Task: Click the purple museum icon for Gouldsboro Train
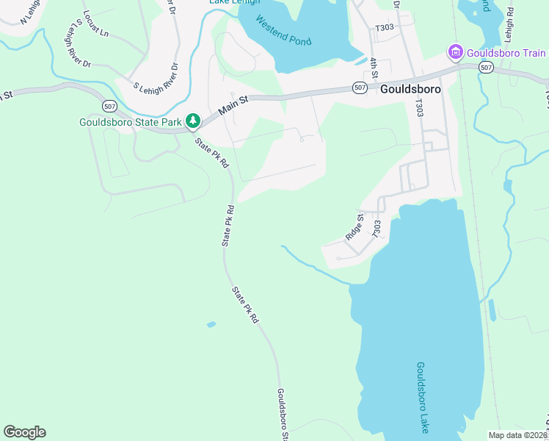click(x=455, y=52)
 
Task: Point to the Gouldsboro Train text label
click(x=506, y=53)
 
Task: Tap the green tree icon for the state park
click(x=192, y=120)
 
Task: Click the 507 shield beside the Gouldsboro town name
click(x=359, y=87)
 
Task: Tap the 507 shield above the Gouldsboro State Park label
click(x=109, y=105)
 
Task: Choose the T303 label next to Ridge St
click(x=377, y=228)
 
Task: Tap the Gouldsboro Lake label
click(x=422, y=396)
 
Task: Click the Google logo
click(x=24, y=432)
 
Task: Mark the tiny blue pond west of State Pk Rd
click(x=211, y=324)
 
